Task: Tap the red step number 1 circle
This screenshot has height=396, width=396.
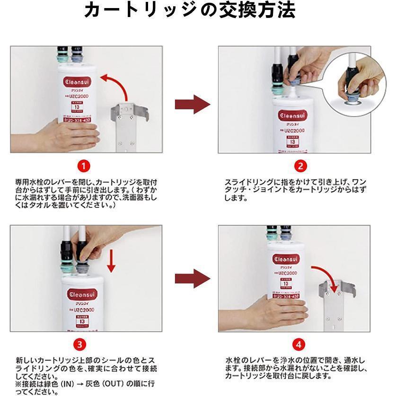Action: tap(83, 166)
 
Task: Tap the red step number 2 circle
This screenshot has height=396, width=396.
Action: tap(300, 166)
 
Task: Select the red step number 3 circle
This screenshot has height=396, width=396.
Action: tap(81, 344)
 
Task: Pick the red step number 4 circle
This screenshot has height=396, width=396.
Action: tap(299, 344)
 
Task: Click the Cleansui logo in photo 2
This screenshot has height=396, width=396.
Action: tap(292, 115)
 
